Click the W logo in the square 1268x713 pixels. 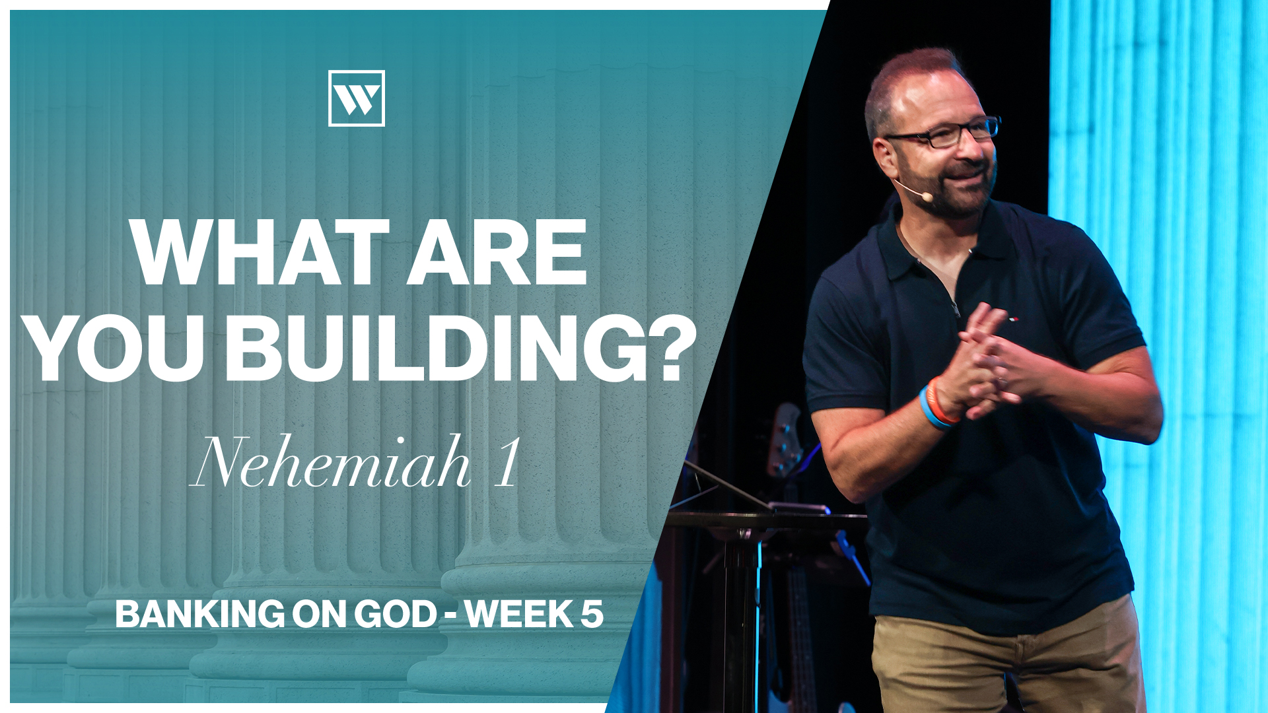point(357,98)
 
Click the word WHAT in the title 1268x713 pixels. point(261,252)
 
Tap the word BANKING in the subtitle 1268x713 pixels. point(200,614)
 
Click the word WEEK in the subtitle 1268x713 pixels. point(519,614)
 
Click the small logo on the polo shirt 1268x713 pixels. point(1012,319)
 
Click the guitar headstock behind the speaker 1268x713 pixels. point(785,440)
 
